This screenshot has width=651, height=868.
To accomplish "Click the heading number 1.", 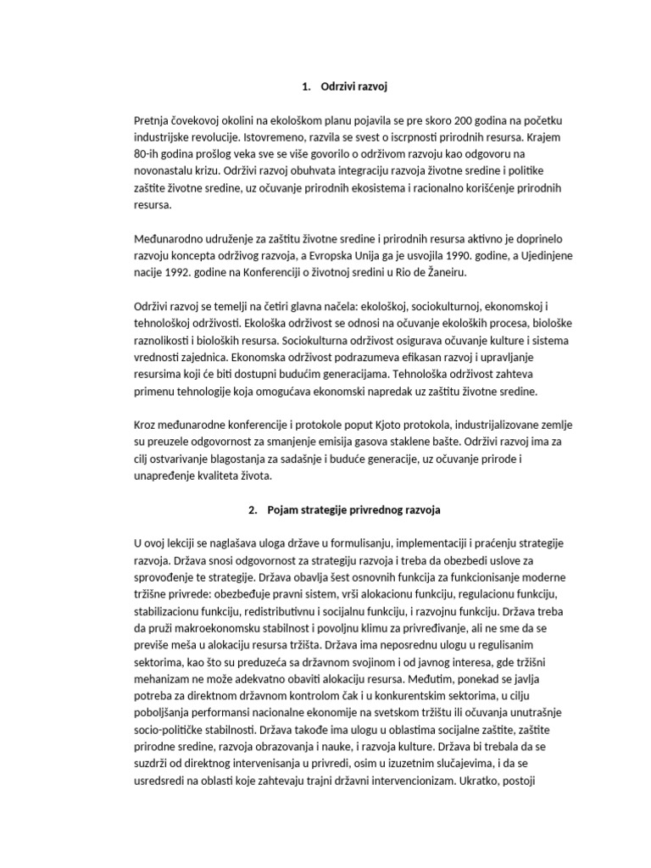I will click(x=303, y=86).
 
